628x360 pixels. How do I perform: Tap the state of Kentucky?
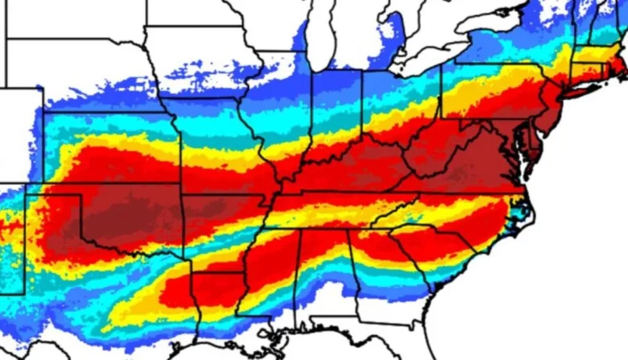[x=354, y=169]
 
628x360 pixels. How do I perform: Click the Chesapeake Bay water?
[x=523, y=157]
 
